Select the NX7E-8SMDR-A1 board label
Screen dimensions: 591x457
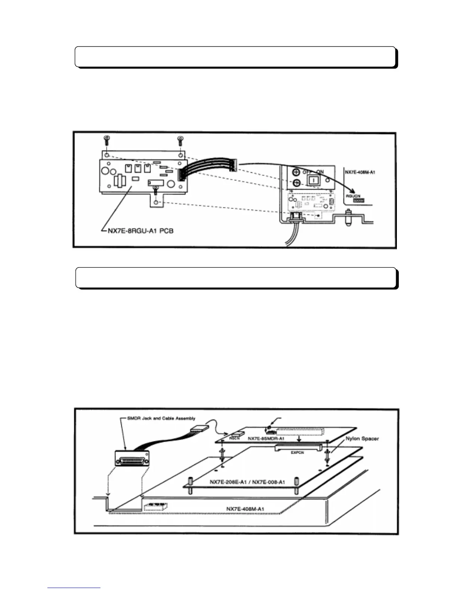(x=266, y=439)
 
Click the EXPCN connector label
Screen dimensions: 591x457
(x=297, y=452)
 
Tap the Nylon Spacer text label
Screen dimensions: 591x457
(x=360, y=438)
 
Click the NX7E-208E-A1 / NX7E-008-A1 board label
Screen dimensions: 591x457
(x=247, y=482)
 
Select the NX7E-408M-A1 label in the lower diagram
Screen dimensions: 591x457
(x=245, y=509)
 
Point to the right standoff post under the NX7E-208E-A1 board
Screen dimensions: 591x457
(x=296, y=481)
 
